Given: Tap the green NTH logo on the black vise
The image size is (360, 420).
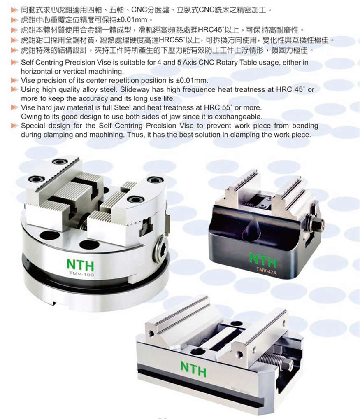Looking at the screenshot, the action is click(x=263, y=260).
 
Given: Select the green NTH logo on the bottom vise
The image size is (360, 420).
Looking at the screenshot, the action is click(x=193, y=369).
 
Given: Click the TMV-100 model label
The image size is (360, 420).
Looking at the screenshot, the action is click(x=81, y=274).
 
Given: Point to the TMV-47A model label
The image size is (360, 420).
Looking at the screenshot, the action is click(x=266, y=270).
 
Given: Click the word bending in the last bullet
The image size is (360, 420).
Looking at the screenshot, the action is click(x=305, y=126).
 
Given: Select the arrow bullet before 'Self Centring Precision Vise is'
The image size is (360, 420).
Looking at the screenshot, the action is click(x=14, y=63).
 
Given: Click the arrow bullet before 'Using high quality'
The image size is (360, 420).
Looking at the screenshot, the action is click(x=14, y=89).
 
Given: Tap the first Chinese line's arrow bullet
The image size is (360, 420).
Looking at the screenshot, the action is click(x=14, y=10).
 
